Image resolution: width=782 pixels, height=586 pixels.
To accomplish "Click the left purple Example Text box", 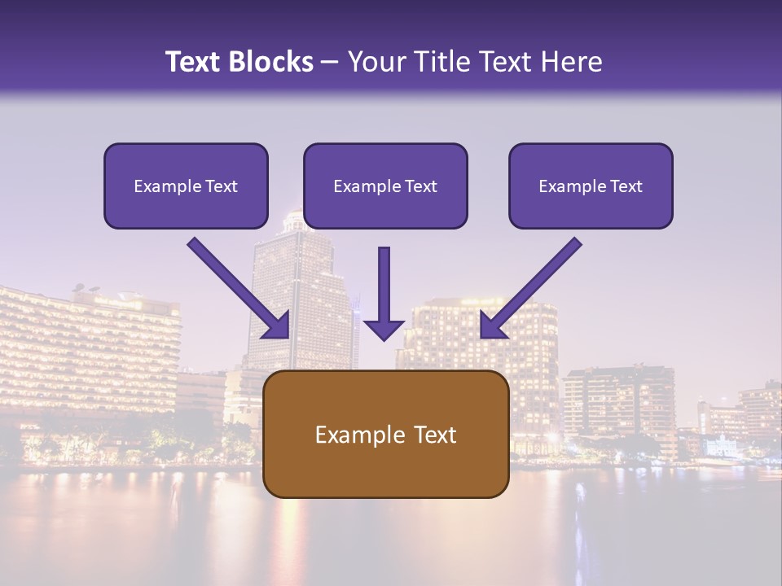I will [186, 186].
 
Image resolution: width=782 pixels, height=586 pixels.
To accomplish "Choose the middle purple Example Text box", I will [385, 186].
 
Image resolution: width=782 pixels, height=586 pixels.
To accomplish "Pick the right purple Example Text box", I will [591, 186].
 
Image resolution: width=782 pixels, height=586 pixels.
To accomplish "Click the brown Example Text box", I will [385, 434].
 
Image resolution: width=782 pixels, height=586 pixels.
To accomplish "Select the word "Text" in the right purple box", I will [626, 186].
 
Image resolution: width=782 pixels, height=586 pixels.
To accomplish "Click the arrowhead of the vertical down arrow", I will [384, 329].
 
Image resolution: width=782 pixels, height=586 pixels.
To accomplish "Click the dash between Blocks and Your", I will [330, 62].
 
